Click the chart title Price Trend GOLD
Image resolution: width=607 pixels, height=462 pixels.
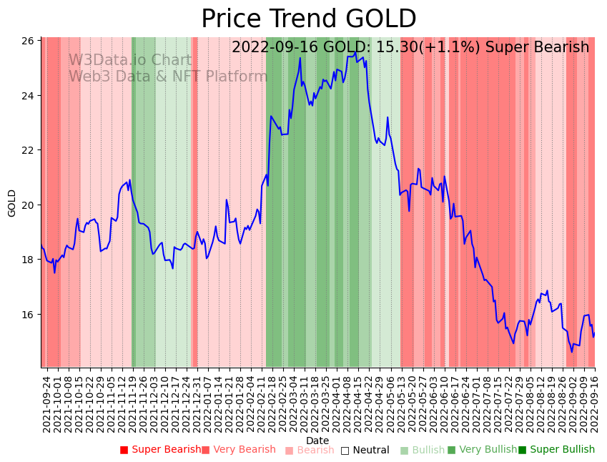(x=308, y=19)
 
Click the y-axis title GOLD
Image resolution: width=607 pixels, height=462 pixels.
(x=12, y=203)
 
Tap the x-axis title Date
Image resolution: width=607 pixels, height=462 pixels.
(x=317, y=441)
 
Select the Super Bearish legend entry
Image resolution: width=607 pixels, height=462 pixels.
(x=160, y=450)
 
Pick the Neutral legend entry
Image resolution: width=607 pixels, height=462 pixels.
(x=365, y=450)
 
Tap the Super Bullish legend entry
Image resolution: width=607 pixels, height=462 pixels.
(x=556, y=450)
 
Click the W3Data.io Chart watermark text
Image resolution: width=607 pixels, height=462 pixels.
(x=130, y=61)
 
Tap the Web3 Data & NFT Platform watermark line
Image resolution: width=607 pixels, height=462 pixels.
(x=168, y=77)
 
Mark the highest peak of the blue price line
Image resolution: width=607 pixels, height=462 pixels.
(x=355, y=51)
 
